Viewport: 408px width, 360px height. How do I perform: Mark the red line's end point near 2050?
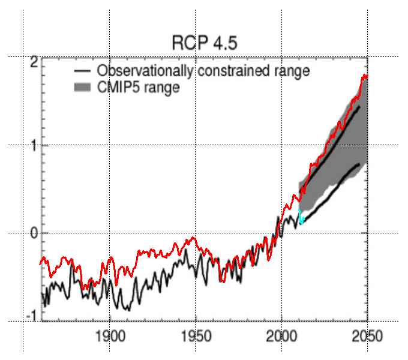coord(367,76)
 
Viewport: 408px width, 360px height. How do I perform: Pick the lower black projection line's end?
coord(359,163)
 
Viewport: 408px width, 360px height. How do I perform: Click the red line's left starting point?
coord(40,263)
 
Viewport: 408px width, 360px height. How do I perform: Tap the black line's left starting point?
coord(41,294)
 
